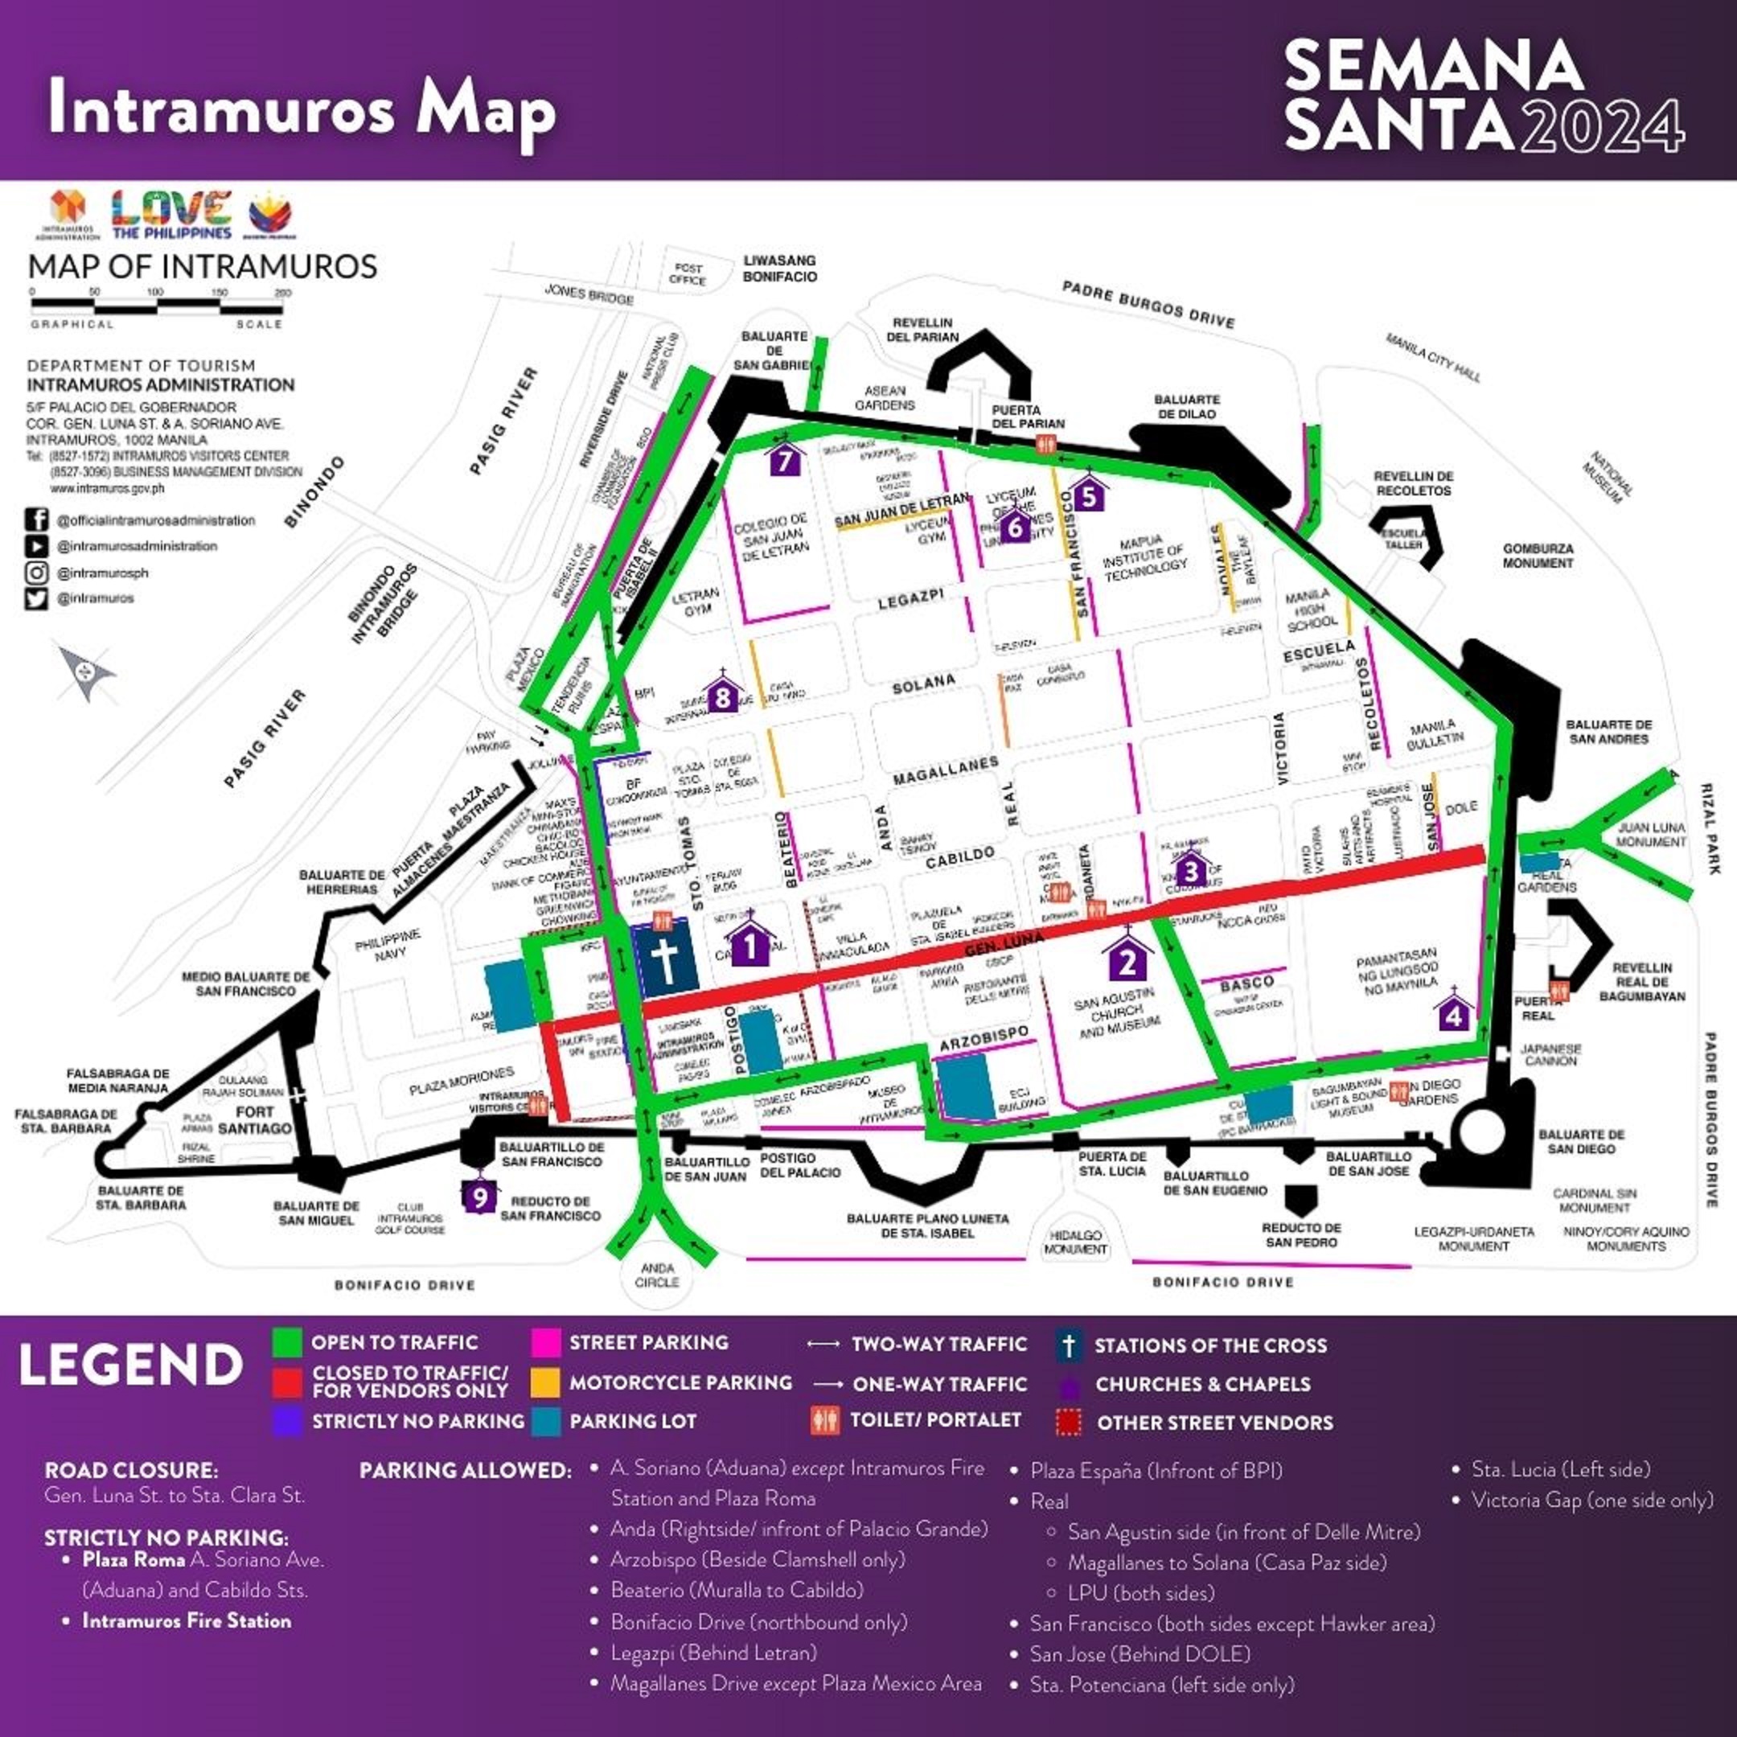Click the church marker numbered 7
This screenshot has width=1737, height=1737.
click(786, 459)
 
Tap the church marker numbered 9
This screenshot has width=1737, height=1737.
click(480, 1197)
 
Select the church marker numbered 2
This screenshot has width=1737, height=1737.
click(1127, 962)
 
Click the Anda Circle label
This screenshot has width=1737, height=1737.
click(657, 1275)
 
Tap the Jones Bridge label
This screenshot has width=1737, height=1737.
click(589, 294)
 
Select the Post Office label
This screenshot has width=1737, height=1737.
click(688, 274)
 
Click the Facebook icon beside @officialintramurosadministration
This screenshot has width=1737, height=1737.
click(37, 519)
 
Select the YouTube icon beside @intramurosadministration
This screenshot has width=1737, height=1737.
click(37, 546)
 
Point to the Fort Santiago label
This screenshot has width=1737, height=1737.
click(256, 1119)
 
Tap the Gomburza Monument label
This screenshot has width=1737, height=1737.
click(1538, 556)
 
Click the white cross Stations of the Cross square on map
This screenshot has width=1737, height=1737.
click(665, 961)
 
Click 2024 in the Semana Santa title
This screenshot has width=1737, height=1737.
click(1600, 126)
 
